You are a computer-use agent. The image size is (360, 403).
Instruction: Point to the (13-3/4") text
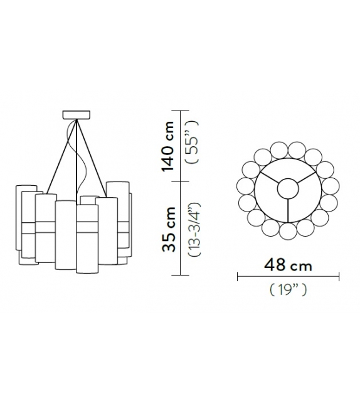[x=194, y=228]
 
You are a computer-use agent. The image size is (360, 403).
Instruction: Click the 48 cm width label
[x=288, y=265]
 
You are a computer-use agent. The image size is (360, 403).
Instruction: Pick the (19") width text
[x=287, y=291]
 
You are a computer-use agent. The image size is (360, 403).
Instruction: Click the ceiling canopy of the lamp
[x=77, y=116]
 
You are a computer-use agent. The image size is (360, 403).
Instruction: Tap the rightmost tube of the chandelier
[x=129, y=226]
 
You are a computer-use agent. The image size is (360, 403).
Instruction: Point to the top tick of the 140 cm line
[x=182, y=111]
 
